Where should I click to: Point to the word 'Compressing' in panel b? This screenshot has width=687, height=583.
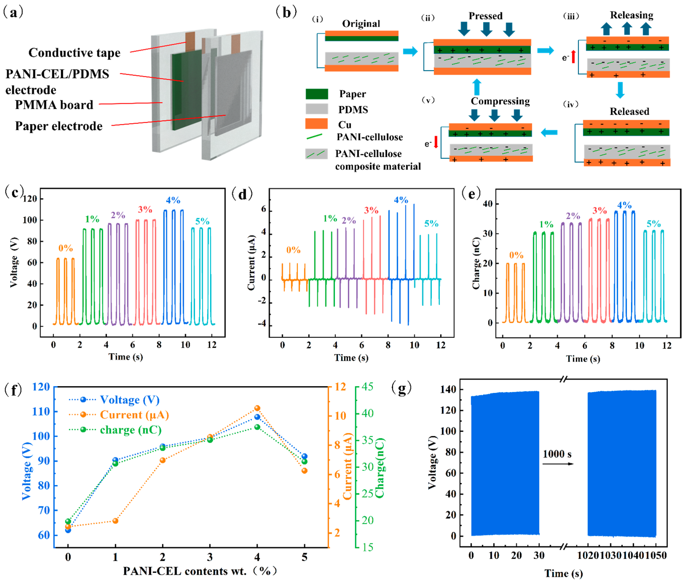(500, 101)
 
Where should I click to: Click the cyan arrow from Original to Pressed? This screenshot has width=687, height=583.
(410, 51)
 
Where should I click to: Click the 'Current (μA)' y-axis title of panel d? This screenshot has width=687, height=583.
(251, 263)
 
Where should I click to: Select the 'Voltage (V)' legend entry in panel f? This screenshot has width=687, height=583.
(129, 400)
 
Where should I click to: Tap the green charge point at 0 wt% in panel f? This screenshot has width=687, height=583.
(68, 521)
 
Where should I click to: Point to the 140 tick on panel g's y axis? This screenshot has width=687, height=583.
(448, 389)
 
